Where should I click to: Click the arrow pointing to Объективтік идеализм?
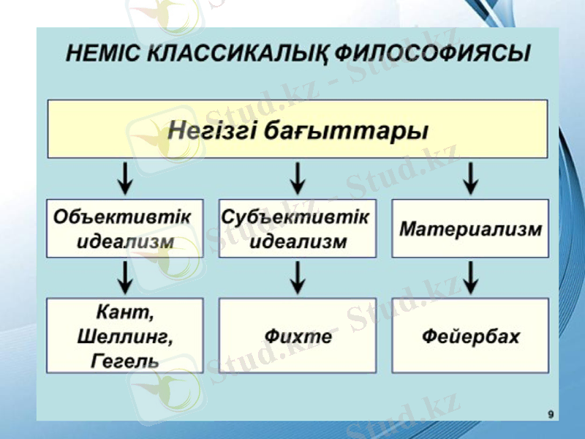tap(126, 178)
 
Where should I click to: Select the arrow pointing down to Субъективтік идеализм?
tap(298, 178)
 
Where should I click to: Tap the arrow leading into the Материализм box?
tap(470, 178)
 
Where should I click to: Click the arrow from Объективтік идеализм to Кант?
tap(126, 277)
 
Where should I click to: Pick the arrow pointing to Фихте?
tap(298, 277)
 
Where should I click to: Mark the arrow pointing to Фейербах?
tap(470, 277)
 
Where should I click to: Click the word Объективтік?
tap(122, 217)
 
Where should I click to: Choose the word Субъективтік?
tap(295, 217)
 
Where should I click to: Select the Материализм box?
tap(470, 228)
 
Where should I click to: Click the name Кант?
tap(125, 312)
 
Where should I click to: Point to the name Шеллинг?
tap(124, 337)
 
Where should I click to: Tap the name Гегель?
tap(125, 361)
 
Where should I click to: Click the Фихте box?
tap(298, 336)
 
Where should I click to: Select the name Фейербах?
tap(470, 337)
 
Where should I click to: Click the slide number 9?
tap(550, 415)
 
